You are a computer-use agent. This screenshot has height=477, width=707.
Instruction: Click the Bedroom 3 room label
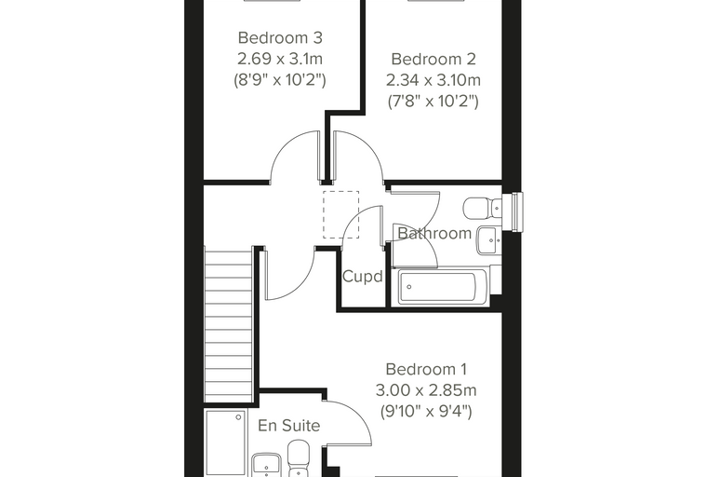pyautogui.click(x=280, y=37)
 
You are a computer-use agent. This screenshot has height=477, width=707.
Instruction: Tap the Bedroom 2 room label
pyautogui.click(x=433, y=59)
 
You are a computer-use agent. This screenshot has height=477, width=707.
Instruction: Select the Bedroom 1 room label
pyautogui.click(x=426, y=369)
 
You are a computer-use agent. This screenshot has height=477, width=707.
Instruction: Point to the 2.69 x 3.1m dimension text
pyautogui.click(x=280, y=59)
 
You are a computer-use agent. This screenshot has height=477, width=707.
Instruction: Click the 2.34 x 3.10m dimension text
pyautogui.click(x=433, y=80)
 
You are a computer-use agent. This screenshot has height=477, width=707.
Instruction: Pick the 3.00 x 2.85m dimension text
pyautogui.click(x=426, y=390)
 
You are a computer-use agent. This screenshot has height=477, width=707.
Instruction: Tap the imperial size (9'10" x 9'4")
pyautogui.click(x=426, y=412)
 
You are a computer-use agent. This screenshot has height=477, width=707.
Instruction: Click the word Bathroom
pyautogui.click(x=434, y=233)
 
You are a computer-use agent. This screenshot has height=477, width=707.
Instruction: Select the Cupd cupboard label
pyautogui.click(x=363, y=276)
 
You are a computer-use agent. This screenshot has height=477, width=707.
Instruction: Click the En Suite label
pyautogui.click(x=289, y=425)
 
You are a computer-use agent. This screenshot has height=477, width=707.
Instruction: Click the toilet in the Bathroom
pyautogui.click(x=482, y=208)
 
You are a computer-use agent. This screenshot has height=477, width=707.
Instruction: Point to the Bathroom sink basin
pyautogui.click(x=488, y=240)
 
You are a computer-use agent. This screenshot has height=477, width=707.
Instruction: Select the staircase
pyautogui.click(x=228, y=324)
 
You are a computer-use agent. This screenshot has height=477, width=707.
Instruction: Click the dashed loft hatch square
pyautogui.click(x=340, y=214)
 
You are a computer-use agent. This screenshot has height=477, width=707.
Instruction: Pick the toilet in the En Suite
pyautogui.click(x=299, y=459)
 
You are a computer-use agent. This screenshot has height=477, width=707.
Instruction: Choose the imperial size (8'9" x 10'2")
pyautogui.click(x=280, y=80)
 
